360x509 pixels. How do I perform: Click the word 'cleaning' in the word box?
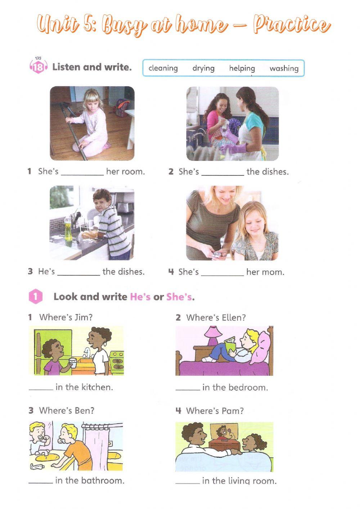click(x=163, y=68)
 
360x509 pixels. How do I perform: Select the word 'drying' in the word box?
click(x=203, y=68)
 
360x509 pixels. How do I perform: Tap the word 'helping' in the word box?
click(x=242, y=68)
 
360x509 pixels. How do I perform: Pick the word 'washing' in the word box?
click(x=284, y=68)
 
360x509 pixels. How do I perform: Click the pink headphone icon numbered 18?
click(x=38, y=67)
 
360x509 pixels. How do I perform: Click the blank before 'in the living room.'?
click(x=188, y=482)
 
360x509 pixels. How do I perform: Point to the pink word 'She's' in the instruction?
click(x=179, y=297)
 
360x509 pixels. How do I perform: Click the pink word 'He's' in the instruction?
click(x=140, y=297)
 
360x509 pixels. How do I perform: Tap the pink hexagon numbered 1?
click(x=35, y=297)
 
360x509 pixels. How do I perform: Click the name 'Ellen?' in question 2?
click(x=231, y=318)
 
